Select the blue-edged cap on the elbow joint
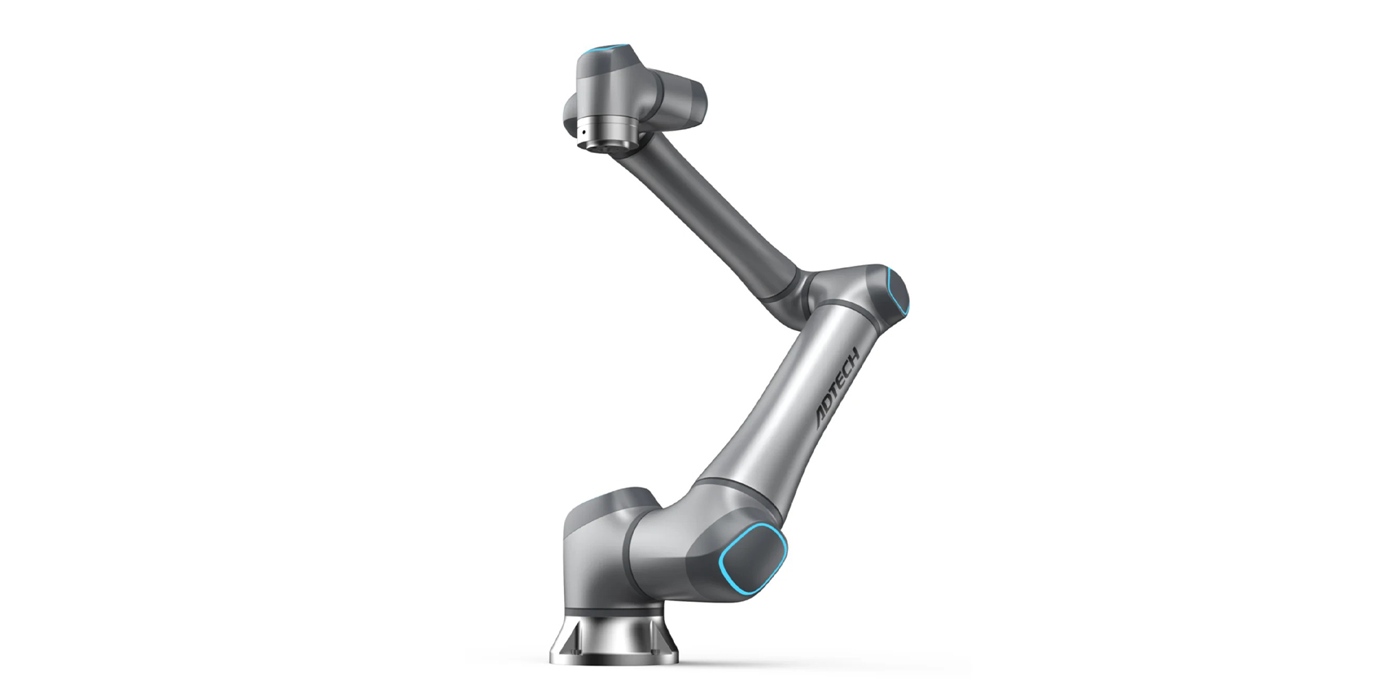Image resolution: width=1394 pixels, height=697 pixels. pyautogui.click(x=897, y=293)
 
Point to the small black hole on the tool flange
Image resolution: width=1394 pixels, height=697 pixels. pyautogui.click(x=582, y=133)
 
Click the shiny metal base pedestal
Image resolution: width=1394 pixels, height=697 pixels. pyautogui.click(x=614, y=632)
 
